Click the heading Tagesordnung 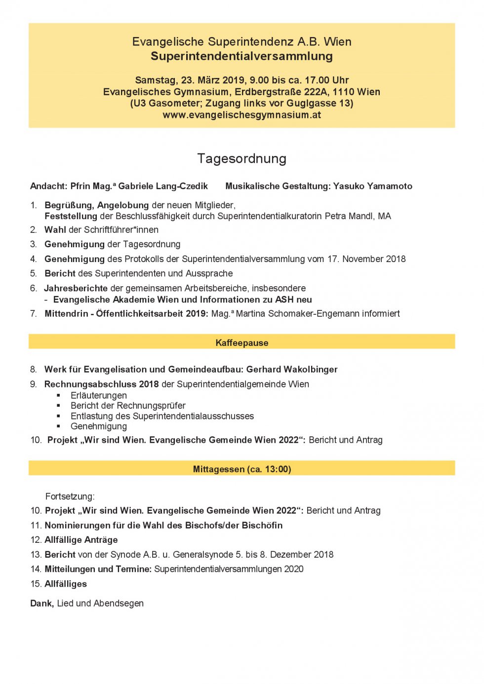click(x=242, y=158)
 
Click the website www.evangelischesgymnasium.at click(x=242, y=115)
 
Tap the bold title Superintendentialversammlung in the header click(x=242, y=56)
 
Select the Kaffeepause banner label click(x=242, y=343)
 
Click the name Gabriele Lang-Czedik click(x=163, y=186)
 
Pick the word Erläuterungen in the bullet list click(x=99, y=395)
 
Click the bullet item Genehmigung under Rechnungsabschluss click(x=99, y=426)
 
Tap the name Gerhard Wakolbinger click(x=292, y=369)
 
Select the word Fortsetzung click(x=70, y=496)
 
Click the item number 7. click(x=34, y=313)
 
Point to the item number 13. click(x=36, y=554)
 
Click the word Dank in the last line click(x=41, y=603)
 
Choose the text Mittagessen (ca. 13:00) click(x=242, y=469)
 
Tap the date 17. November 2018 click(x=366, y=259)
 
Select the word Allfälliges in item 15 click(x=66, y=584)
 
